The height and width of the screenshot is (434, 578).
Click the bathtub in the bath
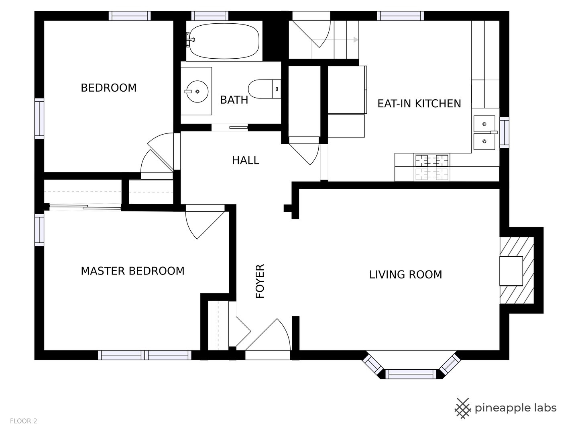click(x=224, y=41)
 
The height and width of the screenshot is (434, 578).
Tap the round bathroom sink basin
click(x=197, y=92)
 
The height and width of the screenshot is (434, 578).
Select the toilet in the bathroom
click(x=265, y=89)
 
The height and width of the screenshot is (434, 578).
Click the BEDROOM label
click(x=108, y=88)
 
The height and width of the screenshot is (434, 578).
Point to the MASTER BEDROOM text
click(x=132, y=271)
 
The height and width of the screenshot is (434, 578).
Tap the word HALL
click(x=245, y=160)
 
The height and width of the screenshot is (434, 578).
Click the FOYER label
click(x=260, y=281)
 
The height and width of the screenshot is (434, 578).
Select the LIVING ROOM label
click(x=405, y=274)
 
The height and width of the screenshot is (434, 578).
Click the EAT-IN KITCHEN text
click(x=419, y=104)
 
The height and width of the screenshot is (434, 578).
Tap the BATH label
click(x=234, y=100)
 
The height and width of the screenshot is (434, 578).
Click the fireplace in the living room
click(x=517, y=270)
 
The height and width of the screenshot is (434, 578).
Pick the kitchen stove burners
click(x=431, y=167)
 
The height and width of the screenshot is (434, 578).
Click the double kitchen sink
click(x=484, y=133)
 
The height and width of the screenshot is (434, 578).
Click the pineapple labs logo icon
click(x=463, y=408)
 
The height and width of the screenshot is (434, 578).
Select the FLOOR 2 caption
click(x=23, y=421)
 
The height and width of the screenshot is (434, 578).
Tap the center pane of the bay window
click(x=411, y=374)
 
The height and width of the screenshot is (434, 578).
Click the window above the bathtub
click(x=210, y=16)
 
